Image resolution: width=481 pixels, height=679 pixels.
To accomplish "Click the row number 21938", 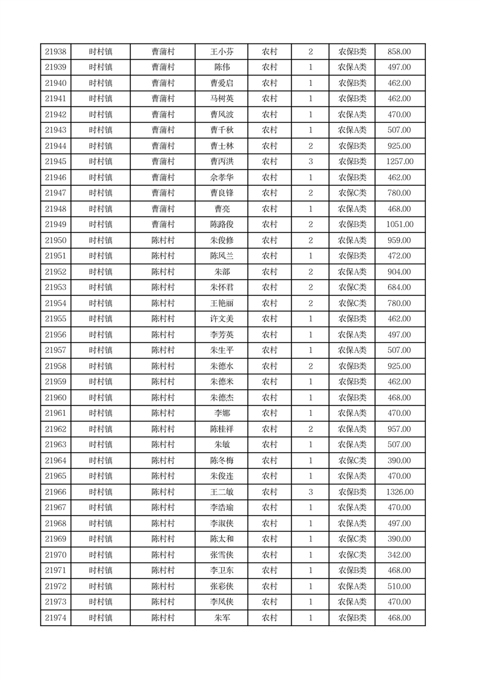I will [56, 52].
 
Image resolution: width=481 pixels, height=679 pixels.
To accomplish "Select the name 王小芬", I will [222, 52].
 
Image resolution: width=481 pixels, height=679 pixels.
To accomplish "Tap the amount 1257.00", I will [399, 162].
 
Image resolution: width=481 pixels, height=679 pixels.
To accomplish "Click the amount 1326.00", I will [399, 492].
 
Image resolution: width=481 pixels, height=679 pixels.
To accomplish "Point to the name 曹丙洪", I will [222, 162].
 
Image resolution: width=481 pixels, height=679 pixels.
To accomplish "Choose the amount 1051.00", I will [399, 225].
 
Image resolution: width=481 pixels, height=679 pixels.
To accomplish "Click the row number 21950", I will [56, 240].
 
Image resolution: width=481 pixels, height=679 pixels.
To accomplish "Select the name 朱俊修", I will [222, 240].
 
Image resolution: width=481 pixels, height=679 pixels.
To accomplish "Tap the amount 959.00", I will [399, 240].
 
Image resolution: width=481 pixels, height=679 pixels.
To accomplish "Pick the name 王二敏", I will [222, 492].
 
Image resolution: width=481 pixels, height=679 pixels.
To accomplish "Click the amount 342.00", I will [399, 555].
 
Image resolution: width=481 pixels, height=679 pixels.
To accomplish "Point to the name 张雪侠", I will [222, 555].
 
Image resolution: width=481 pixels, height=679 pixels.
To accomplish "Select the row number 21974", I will [56, 618].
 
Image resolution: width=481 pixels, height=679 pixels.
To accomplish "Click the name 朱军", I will [222, 618].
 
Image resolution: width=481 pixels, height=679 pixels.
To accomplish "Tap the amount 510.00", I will [399, 586].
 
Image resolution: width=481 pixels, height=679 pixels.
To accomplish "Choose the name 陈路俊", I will [222, 225].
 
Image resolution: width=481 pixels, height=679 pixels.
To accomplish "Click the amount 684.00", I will [399, 287].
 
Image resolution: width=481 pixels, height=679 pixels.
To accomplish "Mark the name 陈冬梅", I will [222, 461].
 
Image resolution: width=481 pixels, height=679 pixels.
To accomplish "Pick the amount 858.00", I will [399, 52].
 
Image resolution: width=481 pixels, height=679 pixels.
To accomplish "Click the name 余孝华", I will [222, 177].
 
